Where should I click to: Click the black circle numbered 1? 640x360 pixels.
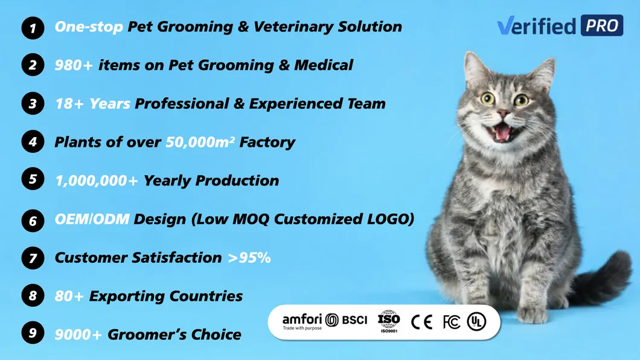click(x=33, y=28)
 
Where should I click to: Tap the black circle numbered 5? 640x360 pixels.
click(x=33, y=180)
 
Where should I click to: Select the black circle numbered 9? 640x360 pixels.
click(x=33, y=333)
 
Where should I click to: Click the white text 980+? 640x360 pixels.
click(x=74, y=65)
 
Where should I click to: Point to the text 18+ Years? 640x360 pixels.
click(x=92, y=104)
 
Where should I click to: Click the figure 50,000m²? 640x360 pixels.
click(x=200, y=143)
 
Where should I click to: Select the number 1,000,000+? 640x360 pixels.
click(x=96, y=181)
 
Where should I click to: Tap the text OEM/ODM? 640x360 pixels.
click(x=92, y=219)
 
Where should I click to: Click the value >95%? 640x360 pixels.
click(x=249, y=258)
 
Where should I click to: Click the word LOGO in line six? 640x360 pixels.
click(x=388, y=219)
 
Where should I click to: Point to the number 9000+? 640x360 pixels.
click(x=78, y=334)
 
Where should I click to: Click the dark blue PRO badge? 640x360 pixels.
click(x=601, y=25)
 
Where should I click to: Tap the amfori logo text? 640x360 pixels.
click(x=302, y=319)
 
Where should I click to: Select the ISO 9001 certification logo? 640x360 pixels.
click(x=389, y=321)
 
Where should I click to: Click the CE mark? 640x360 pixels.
click(x=421, y=322)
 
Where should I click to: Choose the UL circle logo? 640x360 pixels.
click(x=476, y=322)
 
